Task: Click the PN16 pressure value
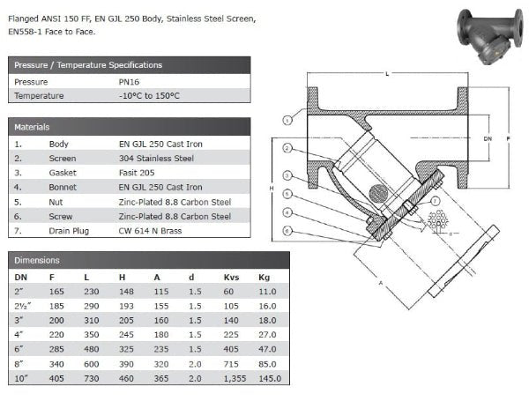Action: point(129,82)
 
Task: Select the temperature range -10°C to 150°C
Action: point(149,96)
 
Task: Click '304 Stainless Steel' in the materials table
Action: point(156,158)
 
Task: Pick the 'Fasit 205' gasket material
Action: point(137,173)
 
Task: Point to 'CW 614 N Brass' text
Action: point(150,231)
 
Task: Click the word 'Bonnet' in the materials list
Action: point(63,187)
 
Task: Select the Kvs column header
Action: point(231,278)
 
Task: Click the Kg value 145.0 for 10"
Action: point(270,378)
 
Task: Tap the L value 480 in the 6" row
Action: point(92,349)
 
